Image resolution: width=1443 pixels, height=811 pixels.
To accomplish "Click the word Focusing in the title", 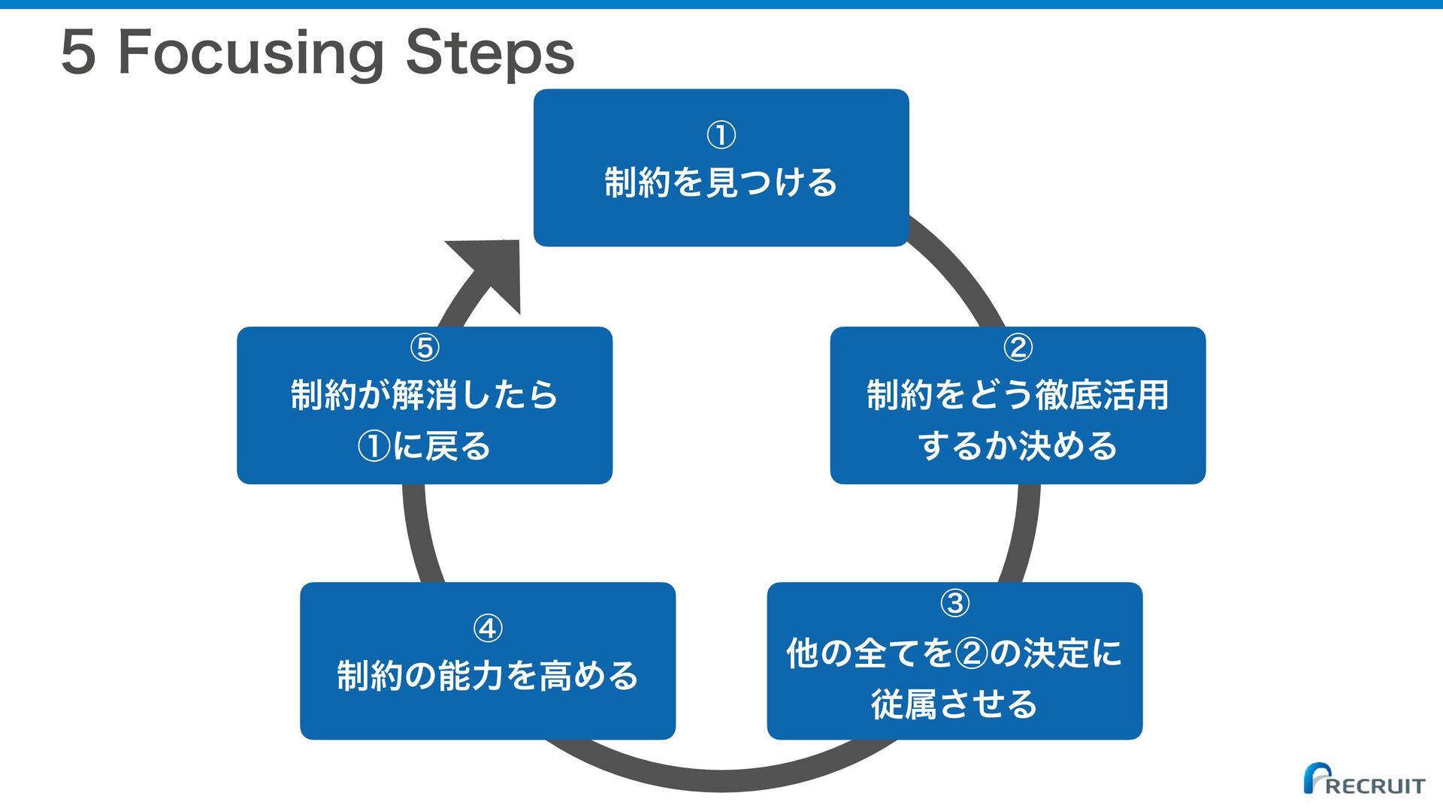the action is click(x=251, y=55).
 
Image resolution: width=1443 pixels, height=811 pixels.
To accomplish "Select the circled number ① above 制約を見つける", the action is click(x=721, y=135).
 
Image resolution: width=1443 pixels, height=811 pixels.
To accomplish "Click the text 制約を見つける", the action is click(x=721, y=182).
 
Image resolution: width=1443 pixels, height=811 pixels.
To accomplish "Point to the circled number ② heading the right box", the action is click(x=1018, y=347).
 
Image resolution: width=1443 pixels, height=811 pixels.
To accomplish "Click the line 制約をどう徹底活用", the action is click(x=1018, y=395).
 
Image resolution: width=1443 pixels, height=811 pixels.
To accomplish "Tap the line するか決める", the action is click(x=1018, y=446).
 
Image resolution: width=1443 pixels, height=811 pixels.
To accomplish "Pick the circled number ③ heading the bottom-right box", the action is click(x=954, y=602).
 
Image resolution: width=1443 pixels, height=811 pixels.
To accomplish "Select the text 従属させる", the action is click(x=954, y=704).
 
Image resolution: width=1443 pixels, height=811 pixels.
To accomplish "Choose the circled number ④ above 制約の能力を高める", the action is click(x=488, y=628).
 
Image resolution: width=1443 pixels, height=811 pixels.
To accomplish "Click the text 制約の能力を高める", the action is click(x=488, y=676).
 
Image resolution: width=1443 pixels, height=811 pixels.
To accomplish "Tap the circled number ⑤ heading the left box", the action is click(x=425, y=347).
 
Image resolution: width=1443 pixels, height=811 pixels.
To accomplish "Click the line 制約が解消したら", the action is click(x=425, y=395).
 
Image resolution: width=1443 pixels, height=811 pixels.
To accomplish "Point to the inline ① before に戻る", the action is click(x=374, y=446).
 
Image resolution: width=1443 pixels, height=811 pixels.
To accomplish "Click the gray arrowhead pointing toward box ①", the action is click(x=492, y=270).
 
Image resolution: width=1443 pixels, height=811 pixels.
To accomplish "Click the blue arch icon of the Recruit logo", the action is click(x=1316, y=777).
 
